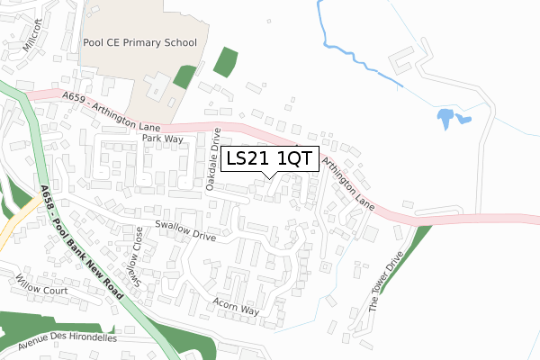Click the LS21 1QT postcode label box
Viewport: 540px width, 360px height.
click(270, 159)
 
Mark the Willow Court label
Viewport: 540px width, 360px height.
click(41, 290)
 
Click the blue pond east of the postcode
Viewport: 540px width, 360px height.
click(447, 118)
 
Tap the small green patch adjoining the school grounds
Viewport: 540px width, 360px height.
click(184, 76)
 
